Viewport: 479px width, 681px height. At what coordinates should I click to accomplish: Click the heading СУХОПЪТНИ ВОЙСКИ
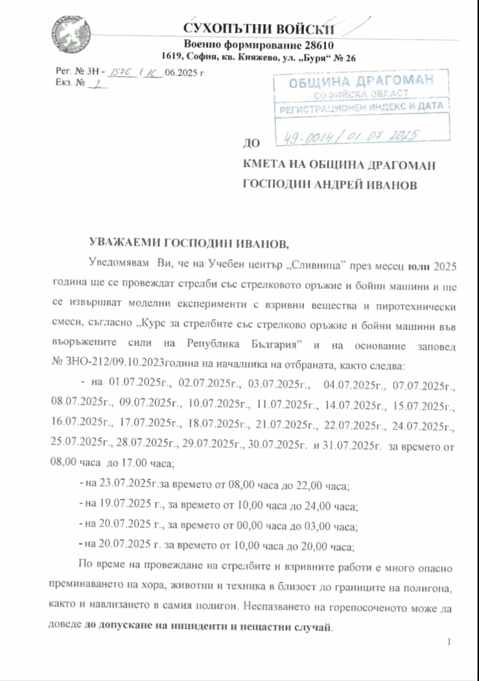(x=259, y=29)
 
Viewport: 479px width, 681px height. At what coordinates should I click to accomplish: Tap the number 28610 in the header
(x=318, y=45)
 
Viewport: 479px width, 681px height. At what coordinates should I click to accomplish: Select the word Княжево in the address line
(x=257, y=58)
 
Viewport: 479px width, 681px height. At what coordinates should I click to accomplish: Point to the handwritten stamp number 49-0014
(x=304, y=137)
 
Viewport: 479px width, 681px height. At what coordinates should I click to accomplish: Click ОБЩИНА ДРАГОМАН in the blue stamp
(x=361, y=81)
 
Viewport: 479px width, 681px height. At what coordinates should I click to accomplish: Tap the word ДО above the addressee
(x=251, y=144)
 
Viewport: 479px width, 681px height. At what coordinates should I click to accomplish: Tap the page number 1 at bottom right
(x=449, y=641)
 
